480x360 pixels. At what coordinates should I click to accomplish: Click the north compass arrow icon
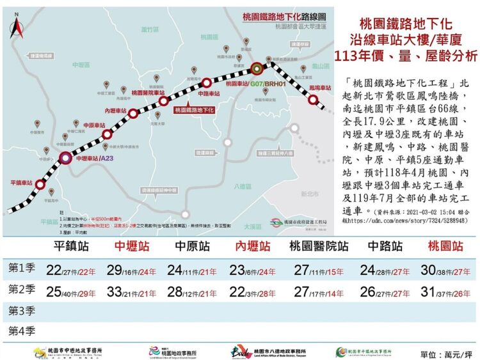15,28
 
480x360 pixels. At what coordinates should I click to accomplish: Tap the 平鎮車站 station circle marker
40,184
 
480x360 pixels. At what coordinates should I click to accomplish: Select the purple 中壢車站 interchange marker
66,158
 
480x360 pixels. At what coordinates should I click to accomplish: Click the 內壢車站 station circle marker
134,114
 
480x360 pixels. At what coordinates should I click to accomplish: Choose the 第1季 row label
21,269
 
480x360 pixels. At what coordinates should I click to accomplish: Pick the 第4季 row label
21,331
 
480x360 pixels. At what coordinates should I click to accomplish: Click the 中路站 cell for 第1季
385,270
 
